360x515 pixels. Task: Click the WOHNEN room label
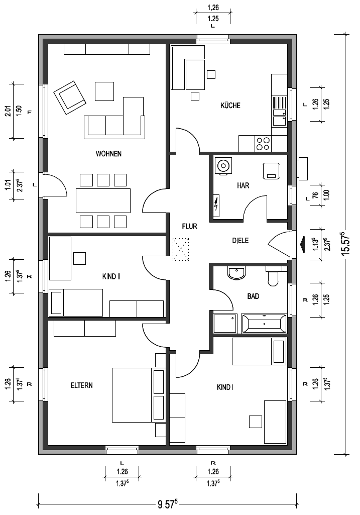108,154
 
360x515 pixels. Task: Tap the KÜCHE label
230,106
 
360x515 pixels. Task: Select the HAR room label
243,185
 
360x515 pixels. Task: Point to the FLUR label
190,226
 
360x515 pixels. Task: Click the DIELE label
241,241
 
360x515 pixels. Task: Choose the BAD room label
253,296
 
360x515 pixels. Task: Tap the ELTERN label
82,385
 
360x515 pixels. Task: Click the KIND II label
111,276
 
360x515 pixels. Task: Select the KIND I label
225,387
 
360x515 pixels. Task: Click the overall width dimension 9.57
168,504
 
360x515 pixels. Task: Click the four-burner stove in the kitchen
263,144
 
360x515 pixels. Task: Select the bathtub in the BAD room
264,324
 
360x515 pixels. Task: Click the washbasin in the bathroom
236,273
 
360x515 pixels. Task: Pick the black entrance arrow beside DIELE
302,245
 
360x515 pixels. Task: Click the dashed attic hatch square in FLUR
181,250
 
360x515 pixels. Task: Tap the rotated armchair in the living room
70,97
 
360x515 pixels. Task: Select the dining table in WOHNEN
103,200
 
